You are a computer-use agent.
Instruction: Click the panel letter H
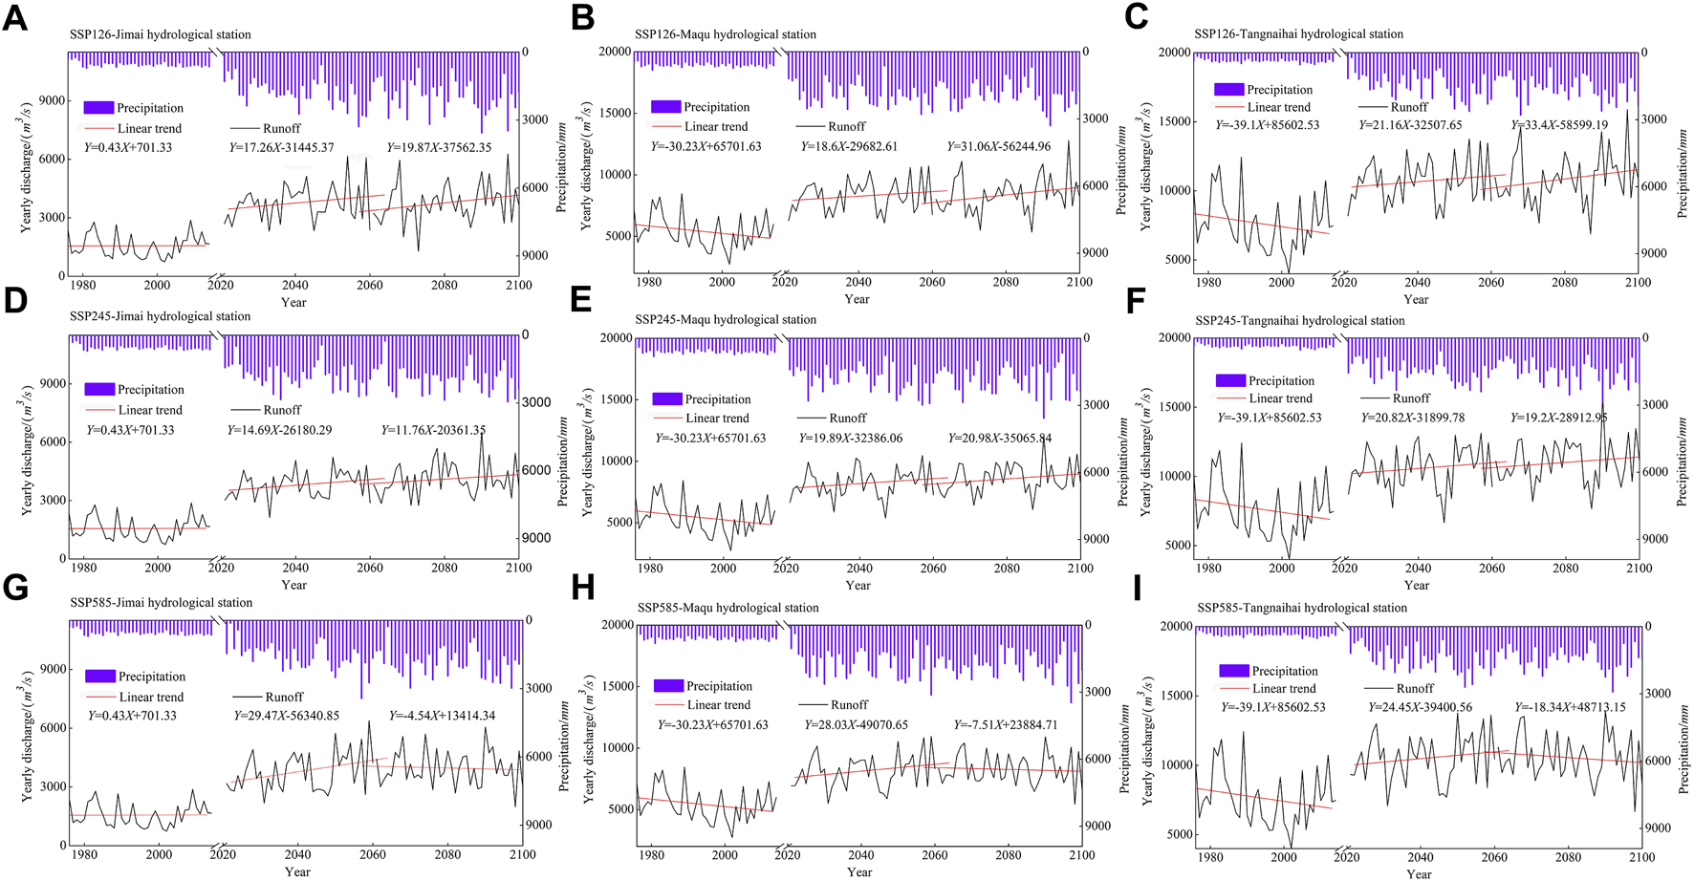tap(582, 588)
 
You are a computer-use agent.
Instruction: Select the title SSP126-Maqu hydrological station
tap(725, 34)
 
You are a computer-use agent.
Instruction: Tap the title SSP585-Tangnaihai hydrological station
tap(1302, 608)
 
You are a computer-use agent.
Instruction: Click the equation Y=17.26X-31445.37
tap(281, 147)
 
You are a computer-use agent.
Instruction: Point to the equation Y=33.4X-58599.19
tap(1559, 125)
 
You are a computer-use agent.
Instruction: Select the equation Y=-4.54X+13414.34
tap(442, 716)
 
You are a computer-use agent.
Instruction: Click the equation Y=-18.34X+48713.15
tap(1570, 708)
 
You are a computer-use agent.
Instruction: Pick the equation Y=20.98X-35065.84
tap(1000, 438)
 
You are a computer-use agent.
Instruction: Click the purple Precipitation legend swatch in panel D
tap(99, 389)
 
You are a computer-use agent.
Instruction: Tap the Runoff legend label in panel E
tap(847, 418)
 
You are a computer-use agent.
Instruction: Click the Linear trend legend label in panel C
tap(1278, 107)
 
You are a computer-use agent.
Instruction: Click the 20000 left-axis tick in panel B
tap(615, 52)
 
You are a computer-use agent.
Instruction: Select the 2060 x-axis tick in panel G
tap(373, 854)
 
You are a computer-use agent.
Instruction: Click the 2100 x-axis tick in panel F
tap(1639, 568)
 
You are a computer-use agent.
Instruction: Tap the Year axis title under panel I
tap(1419, 873)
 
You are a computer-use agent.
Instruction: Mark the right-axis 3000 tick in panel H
tap(1097, 692)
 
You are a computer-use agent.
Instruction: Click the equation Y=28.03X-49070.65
tap(856, 725)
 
